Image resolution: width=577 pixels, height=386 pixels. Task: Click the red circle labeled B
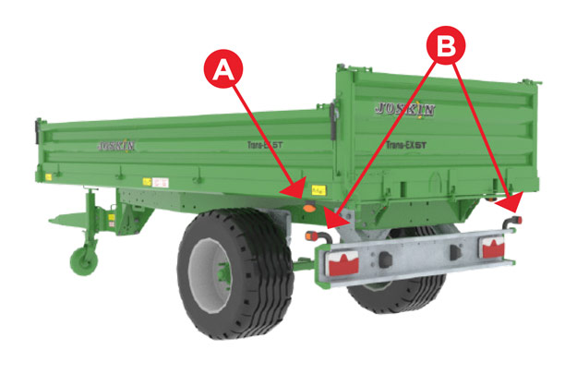pos(447,44)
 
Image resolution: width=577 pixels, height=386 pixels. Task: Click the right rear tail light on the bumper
pos(494,247)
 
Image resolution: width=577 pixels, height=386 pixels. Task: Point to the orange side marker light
pos(308,210)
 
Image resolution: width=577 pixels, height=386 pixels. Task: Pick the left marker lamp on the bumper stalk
pos(325,236)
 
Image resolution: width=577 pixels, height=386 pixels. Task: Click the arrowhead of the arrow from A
pos(296,193)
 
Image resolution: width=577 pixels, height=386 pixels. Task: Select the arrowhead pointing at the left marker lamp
pos(337,222)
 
